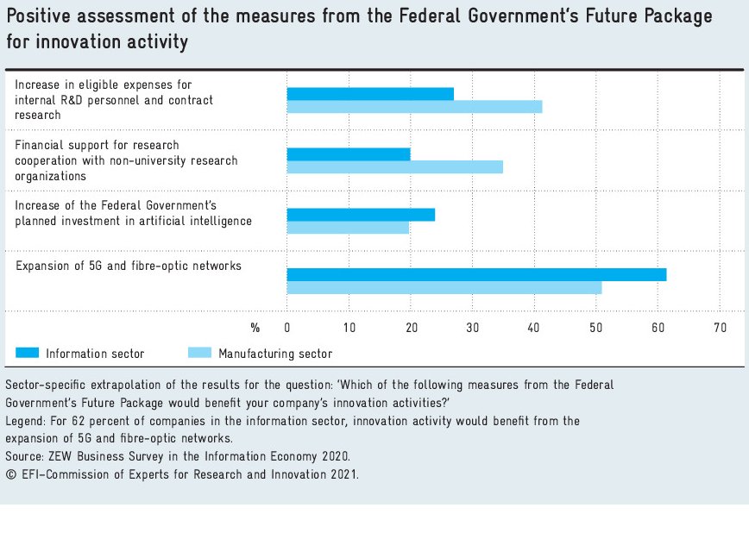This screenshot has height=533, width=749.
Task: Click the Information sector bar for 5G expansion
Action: pyautogui.click(x=476, y=274)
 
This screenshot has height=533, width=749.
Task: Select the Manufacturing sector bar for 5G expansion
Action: pyautogui.click(x=444, y=287)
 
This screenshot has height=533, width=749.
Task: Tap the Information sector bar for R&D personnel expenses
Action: pyautogui.click(x=370, y=94)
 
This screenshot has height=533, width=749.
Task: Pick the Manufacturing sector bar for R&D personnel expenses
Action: pyautogui.click(x=414, y=106)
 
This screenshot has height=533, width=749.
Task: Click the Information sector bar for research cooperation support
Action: pyautogui.click(x=349, y=154)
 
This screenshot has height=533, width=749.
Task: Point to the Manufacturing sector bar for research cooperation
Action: pyautogui.click(x=394, y=166)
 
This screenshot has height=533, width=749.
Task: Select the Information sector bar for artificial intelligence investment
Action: pyautogui.click(x=361, y=215)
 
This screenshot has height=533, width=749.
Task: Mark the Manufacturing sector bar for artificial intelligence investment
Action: pyautogui.click(x=348, y=227)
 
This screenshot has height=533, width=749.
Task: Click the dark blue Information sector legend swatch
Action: pyautogui.click(x=28, y=353)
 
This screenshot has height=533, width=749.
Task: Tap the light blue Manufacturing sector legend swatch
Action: pyautogui.click(x=199, y=353)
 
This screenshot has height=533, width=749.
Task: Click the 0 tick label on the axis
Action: pyautogui.click(x=287, y=328)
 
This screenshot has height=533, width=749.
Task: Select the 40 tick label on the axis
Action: pyautogui.click(x=534, y=328)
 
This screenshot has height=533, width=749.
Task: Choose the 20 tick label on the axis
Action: pyautogui.click(x=411, y=328)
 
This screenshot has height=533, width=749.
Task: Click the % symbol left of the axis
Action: pyautogui.click(x=255, y=328)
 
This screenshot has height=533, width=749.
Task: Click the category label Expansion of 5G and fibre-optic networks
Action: pyautogui.click(x=129, y=266)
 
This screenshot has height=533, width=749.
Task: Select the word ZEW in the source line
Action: pyautogui.click(x=59, y=455)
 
